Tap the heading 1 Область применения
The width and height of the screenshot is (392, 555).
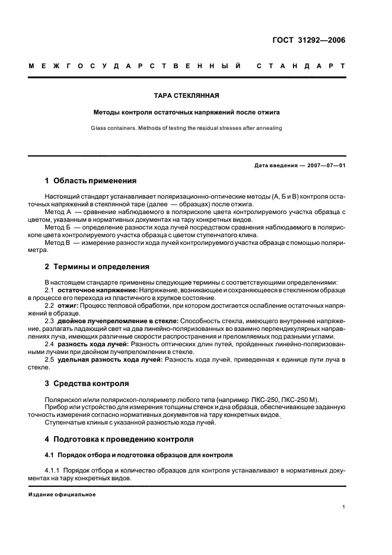coord(91,181)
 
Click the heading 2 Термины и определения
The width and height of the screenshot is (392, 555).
coord(97,266)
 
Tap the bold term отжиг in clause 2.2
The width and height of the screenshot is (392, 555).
coord(69,305)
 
